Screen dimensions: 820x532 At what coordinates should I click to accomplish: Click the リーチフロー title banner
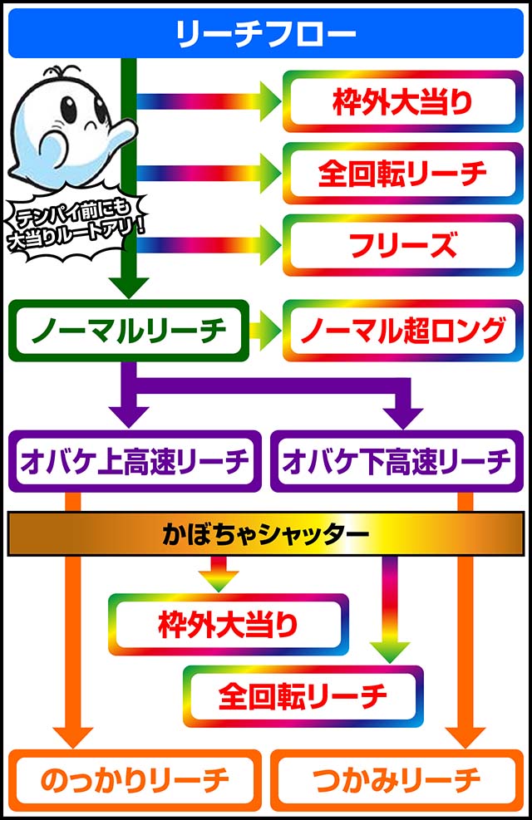[266, 34]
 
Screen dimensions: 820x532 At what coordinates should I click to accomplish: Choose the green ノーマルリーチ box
[128, 331]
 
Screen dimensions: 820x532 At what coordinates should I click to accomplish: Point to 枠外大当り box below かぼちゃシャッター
[228, 624]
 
